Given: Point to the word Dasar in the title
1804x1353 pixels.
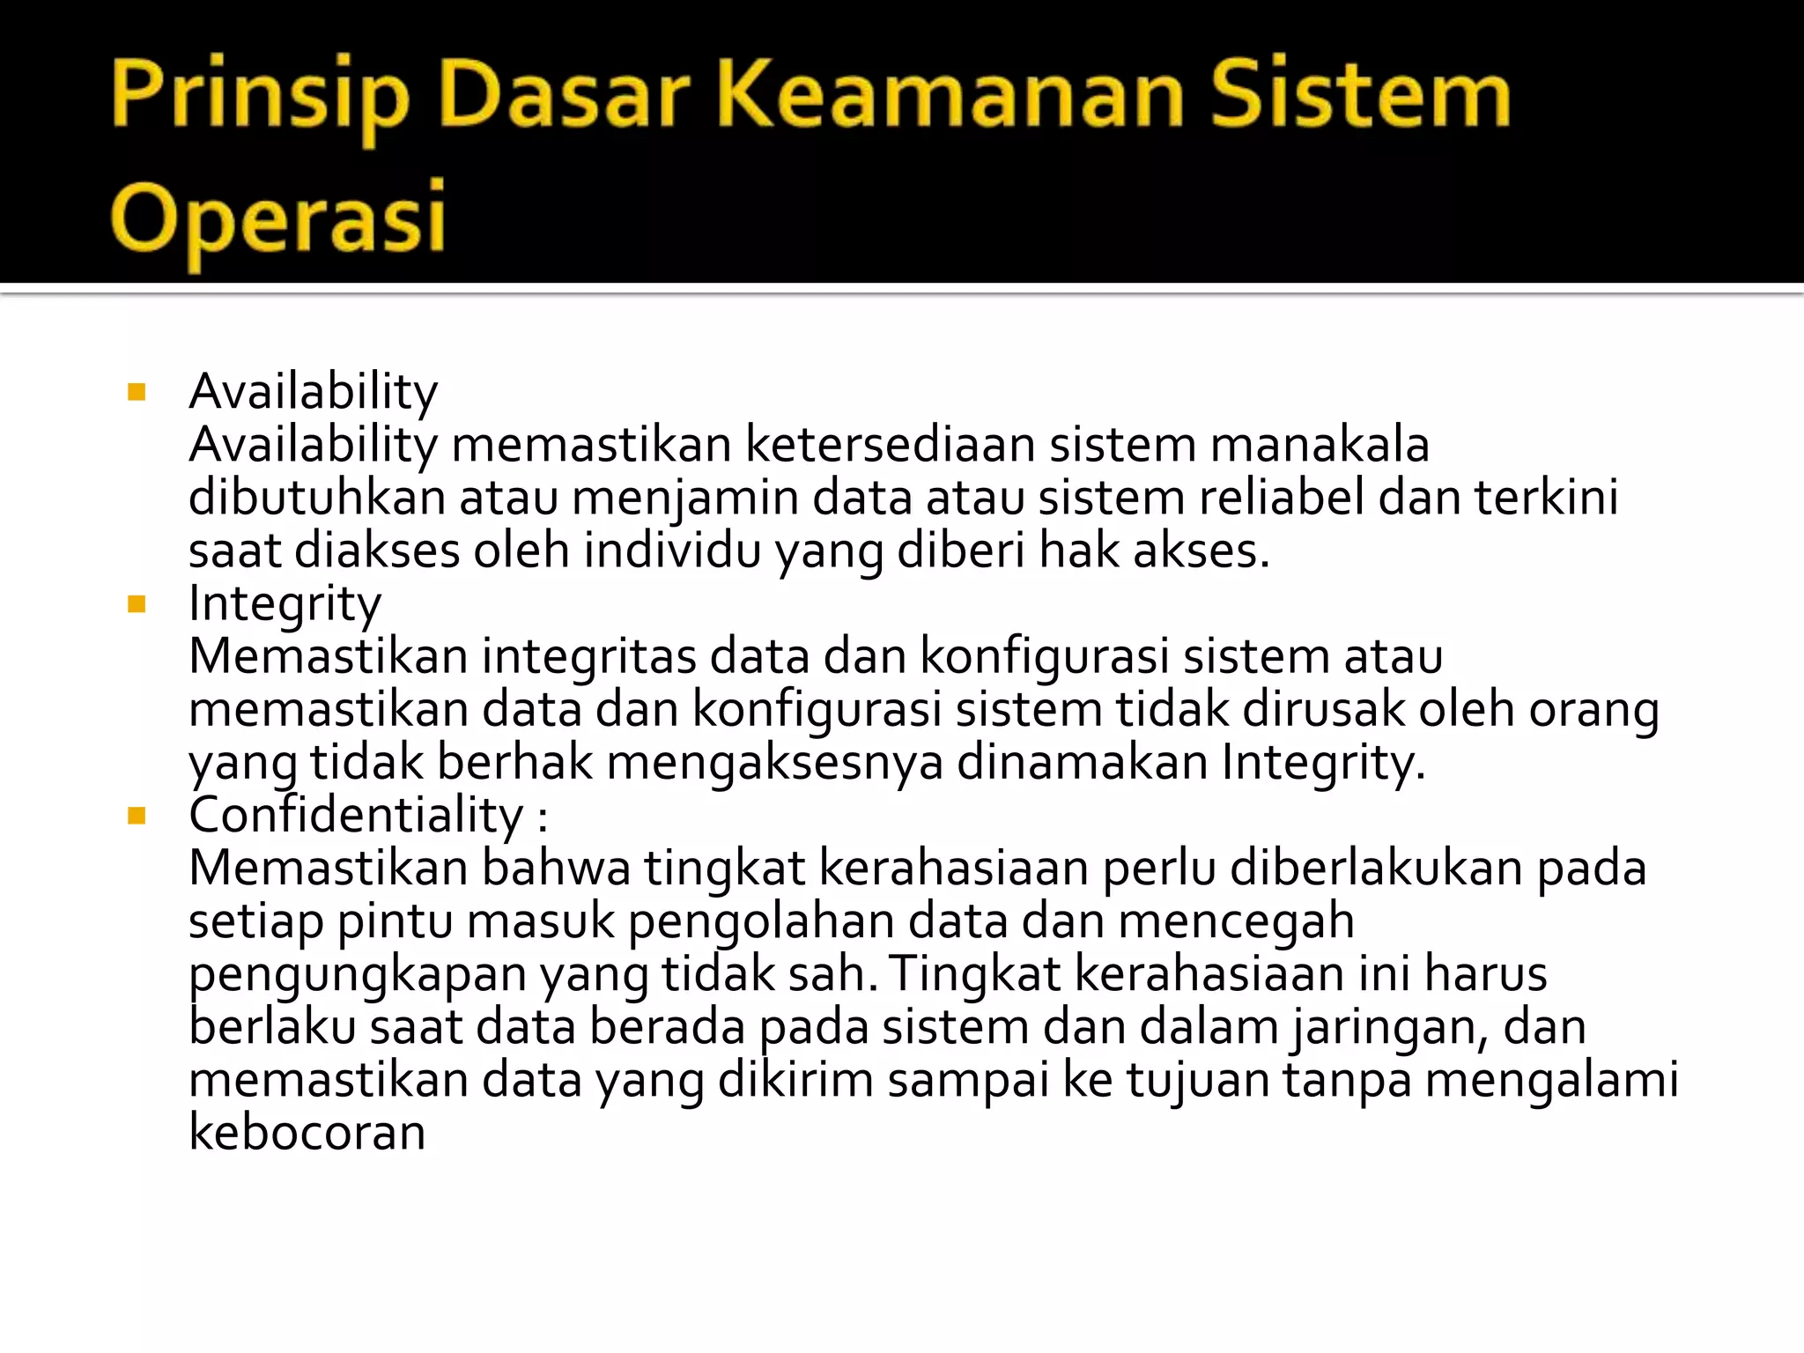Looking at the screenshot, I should tap(564, 93).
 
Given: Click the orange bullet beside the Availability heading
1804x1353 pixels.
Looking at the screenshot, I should tap(137, 392).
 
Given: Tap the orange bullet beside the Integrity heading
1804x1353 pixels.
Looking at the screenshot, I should tap(137, 604).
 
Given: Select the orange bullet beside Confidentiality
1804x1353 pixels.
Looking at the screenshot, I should tap(137, 816).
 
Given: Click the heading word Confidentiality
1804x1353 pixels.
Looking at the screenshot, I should tap(356, 815).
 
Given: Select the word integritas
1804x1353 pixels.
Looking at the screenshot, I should tap(589, 656).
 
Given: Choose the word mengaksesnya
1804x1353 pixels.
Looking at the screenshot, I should tap(775, 763).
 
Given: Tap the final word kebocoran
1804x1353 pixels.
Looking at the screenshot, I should tap(307, 1133).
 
